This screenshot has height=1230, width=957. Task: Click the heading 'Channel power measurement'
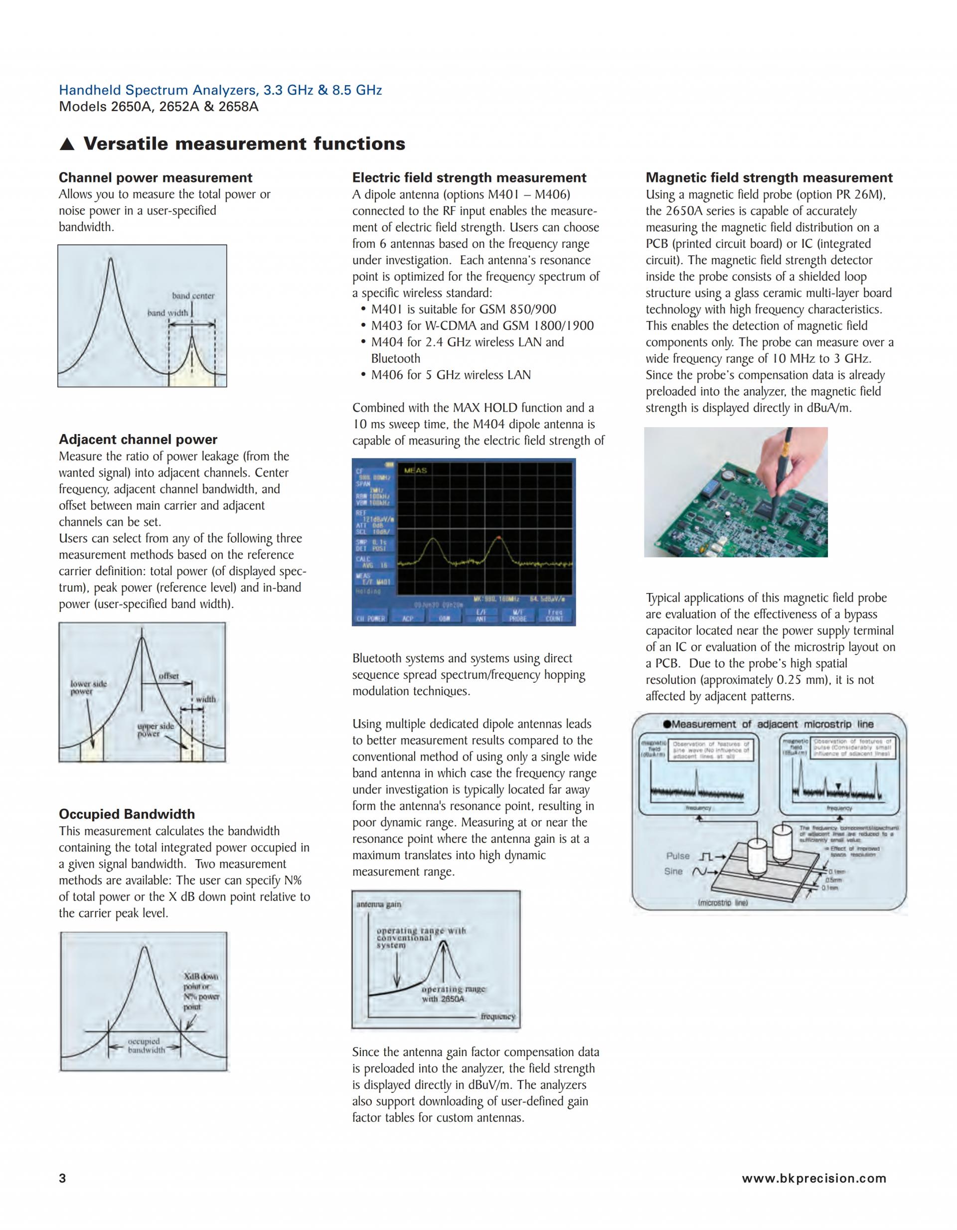pyautogui.click(x=156, y=178)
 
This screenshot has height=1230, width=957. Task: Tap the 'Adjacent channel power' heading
pyautogui.click(x=138, y=440)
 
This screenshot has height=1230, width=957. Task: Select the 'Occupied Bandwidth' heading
pyautogui.click(x=127, y=814)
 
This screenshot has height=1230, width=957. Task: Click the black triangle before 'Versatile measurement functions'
pyautogui.click(x=67, y=145)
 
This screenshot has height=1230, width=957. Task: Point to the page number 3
pyautogui.click(x=62, y=1179)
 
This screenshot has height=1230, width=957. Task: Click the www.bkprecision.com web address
pyautogui.click(x=814, y=1179)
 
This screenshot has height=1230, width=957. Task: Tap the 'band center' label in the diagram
pyautogui.click(x=193, y=296)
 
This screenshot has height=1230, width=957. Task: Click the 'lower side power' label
pyautogui.click(x=88, y=687)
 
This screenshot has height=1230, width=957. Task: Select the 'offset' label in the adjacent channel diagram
pyautogui.click(x=168, y=676)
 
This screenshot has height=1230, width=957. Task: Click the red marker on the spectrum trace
pyautogui.click(x=498, y=539)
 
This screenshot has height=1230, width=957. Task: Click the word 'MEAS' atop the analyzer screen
pyautogui.click(x=416, y=470)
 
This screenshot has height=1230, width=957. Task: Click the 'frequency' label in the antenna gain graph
pyautogui.click(x=498, y=1017)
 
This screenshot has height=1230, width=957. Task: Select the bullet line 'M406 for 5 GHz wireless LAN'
pyautogui.click(x=451, y=375)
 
